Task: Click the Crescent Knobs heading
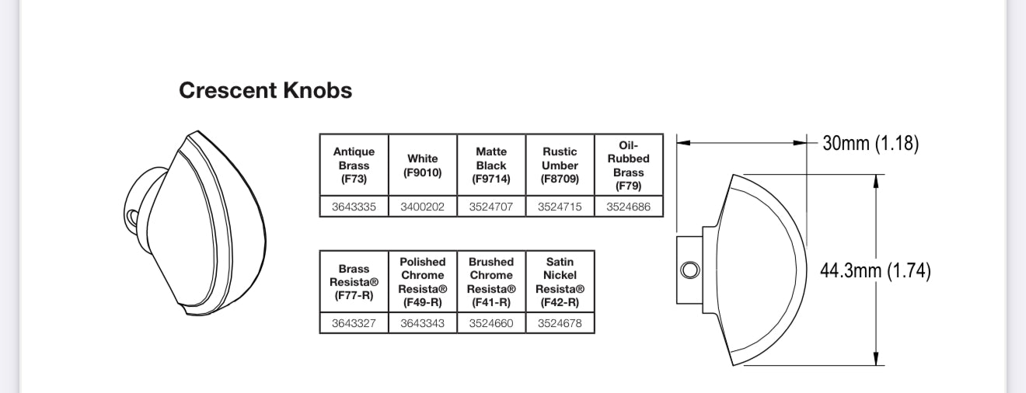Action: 265,90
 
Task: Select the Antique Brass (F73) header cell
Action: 354,165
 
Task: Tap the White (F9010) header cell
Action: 422,165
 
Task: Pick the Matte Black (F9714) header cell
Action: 491,165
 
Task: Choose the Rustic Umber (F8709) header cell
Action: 560,165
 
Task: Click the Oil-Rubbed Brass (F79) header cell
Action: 629,165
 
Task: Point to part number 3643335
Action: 354,207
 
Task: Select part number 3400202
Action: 422,207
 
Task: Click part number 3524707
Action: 491,207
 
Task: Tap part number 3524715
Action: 560,207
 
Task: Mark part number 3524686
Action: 629,207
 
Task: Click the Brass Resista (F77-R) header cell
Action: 354,281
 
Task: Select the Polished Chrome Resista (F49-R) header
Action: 422,281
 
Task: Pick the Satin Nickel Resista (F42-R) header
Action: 560,281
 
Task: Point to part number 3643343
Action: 422,323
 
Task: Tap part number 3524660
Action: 491,323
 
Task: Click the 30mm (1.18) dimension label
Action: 871,143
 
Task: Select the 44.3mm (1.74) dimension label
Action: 875,270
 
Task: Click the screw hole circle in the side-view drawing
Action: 689,270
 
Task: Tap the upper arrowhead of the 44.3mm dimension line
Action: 877,180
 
